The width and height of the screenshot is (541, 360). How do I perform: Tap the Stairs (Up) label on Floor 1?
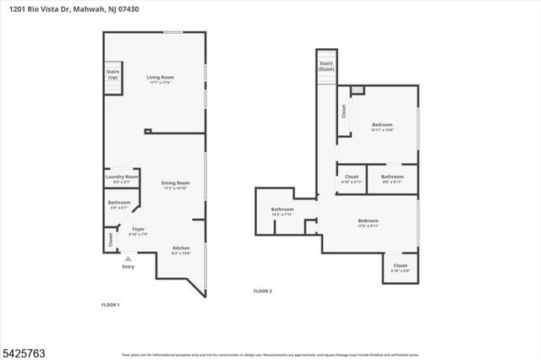[112, 74]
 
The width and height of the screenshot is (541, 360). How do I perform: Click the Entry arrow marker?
[128, 259]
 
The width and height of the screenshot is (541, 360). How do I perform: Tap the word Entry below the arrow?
[128, 267]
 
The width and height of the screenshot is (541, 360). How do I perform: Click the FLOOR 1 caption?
[111, 304]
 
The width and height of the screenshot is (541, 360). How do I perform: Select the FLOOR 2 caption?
[263, 291]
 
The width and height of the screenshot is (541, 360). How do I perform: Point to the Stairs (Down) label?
[326, 66]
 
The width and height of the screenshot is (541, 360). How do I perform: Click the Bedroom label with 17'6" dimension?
[368, 222]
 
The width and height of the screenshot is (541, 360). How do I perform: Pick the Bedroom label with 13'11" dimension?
[383, 128]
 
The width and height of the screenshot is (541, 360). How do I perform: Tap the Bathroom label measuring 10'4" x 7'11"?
[282, 211]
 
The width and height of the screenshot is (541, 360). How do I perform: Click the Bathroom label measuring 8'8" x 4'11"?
[392, 178]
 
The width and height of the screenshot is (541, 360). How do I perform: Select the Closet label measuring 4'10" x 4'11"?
[352, 178]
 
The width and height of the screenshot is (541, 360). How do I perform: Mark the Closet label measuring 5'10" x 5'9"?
[401, 268]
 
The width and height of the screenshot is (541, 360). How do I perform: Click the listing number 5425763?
[19, 348]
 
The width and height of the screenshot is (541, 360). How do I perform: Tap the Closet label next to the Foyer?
[111, 240]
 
